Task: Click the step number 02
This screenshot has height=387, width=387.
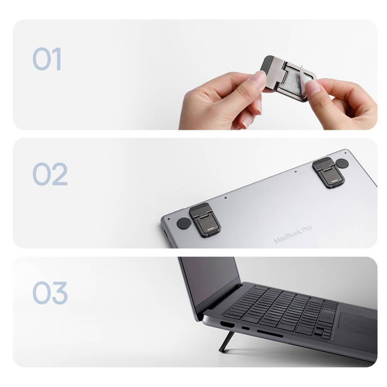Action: (x=50, y=174)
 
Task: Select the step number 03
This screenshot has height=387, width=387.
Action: (x=50, y=293)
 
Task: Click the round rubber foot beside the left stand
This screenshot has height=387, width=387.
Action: (x=184, y=224)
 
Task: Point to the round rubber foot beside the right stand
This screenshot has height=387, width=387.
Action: (x=342, y=163)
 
